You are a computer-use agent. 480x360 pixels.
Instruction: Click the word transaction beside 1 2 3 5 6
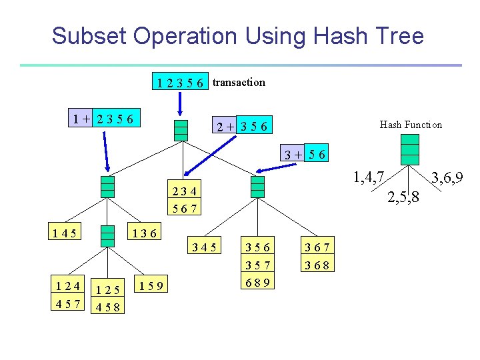pyautogui.click(x=239, y=82)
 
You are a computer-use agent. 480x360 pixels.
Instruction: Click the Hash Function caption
pyautogui.click(x=411, y=124)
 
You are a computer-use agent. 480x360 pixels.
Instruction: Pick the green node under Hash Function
pyautogui.click(x=410, y=149)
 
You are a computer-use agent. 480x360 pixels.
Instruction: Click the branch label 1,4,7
pyautogui.click(x=368, y=177)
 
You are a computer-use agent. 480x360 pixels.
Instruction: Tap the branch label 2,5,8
pyautogui.click(x=405, y=197)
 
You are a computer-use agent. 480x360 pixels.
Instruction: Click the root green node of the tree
pyautogui.click(x=181, y=130)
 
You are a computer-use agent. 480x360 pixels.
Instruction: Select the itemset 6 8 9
pyautogui.click(x=257, y=282)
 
